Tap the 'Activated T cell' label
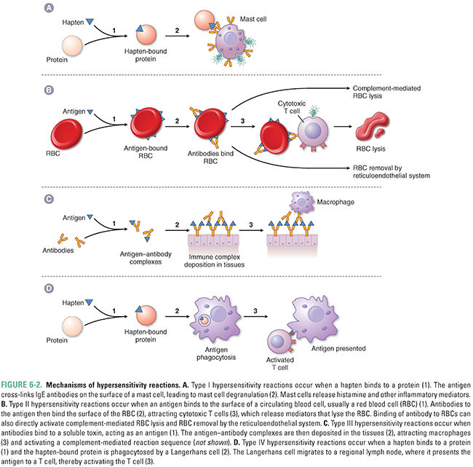coord(279,364)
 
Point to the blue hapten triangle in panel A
coord(90,23)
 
